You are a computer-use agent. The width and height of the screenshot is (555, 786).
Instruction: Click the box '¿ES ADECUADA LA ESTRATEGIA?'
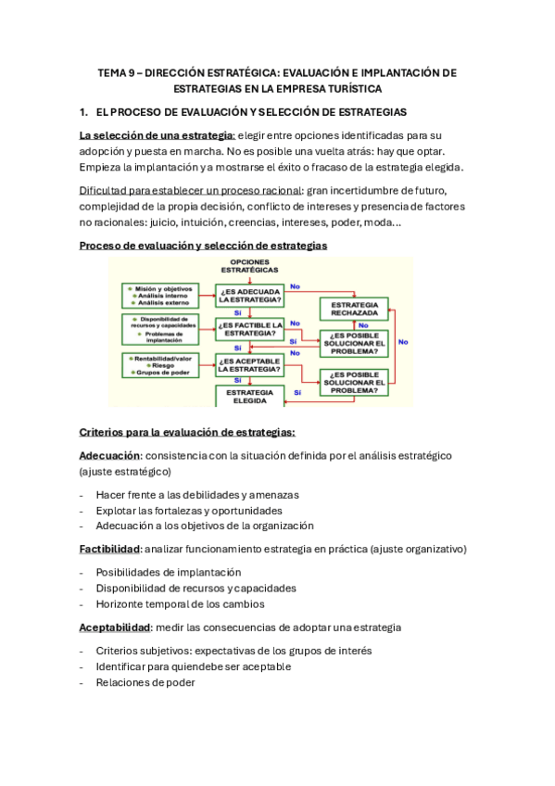click(x=249, y=296)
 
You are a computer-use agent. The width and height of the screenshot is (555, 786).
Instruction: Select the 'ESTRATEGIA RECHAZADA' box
click(x=353, y=308)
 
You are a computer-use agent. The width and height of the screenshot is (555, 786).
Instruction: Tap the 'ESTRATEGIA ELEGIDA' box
click(x=249, y=396)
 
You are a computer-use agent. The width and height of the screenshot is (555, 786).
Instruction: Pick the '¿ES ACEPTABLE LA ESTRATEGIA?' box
click(x=249, y=363)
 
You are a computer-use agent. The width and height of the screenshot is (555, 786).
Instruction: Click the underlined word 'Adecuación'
click(x=109, y=456)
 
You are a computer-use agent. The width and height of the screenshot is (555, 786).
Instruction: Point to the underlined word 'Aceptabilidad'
click(x=115, y=628)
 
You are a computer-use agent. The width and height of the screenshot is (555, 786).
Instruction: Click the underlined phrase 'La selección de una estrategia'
click(x=156, y=135)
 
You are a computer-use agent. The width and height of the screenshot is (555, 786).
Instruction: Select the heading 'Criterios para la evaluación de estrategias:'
click(x=187, y=432)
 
